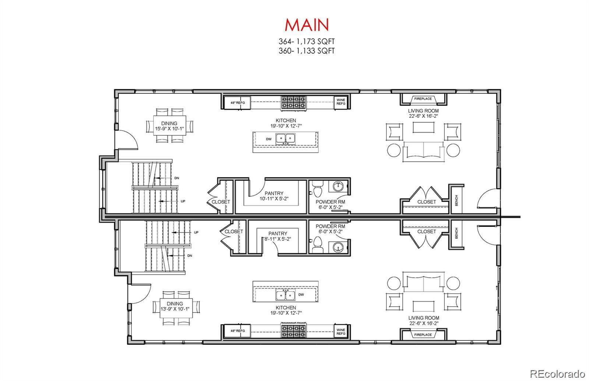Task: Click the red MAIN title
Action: pyautogui.click(x=307, y=25)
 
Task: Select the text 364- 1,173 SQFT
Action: pyautogui.click(x=307, y=42)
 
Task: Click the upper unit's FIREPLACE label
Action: pyautogui.click(x=423, y=99)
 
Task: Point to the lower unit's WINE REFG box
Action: pyautogui.click(x=341, y=331)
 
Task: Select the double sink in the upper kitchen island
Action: pyautogui.click(x=286, y=138)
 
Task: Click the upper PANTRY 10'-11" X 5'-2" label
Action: pyautogui.click(x=274, y=196)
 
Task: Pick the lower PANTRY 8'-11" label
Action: pyautogui.click(x=278, y=236)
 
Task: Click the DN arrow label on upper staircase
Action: pyautogui.click(x=177, y=178)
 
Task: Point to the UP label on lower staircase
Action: pyautogui.click(x=196, y=233)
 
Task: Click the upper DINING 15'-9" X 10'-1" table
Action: pyautogui.click(x=169, y=126)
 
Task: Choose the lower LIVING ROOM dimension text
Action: pyautogui.click(x=423, y=323)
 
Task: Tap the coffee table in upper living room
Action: pyautogui.click(x=424, y=127)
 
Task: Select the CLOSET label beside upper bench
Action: pyautogui.click(x=426, y=202)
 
